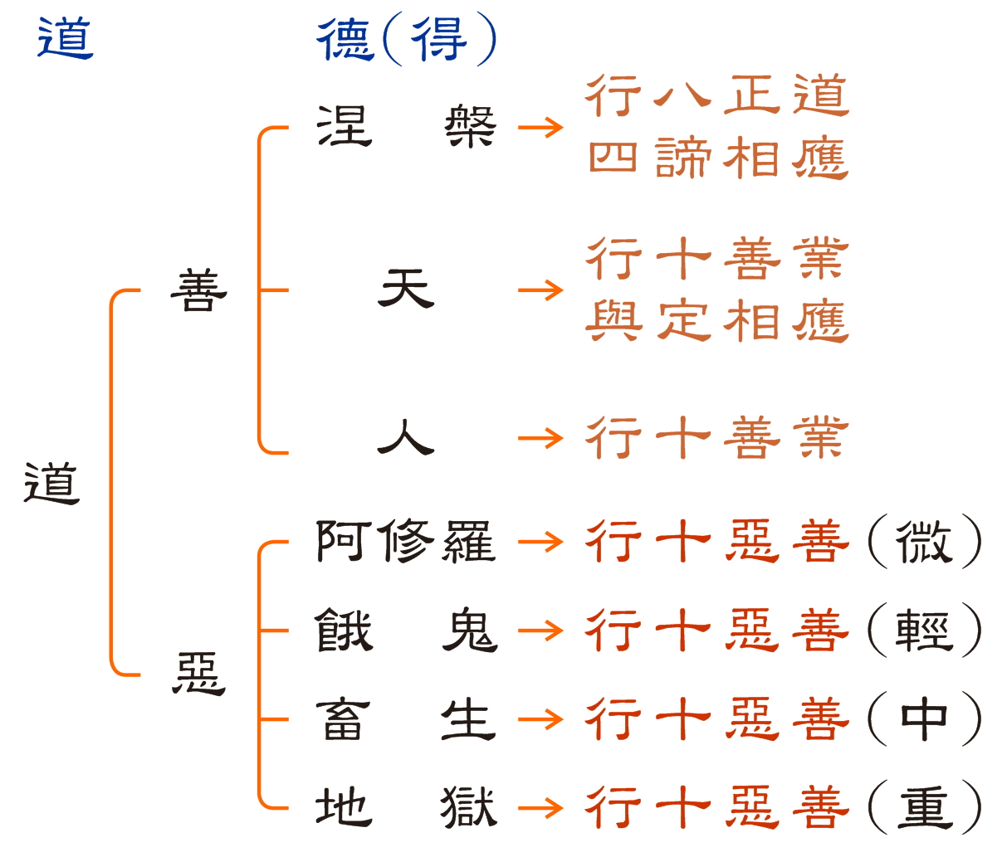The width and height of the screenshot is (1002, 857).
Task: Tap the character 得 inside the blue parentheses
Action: (x=439, y=39)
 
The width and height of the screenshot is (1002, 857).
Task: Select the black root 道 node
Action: (x=51, y=483)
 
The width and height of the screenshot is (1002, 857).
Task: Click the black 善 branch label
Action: (x=199, y=290)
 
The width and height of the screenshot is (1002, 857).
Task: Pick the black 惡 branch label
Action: (x=199, y=673)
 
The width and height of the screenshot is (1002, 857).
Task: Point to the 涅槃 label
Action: (x=406, y=127)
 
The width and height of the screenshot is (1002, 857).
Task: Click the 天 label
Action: (x=406, y=290)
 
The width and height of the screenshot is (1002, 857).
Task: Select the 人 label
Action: (x=406, y=437)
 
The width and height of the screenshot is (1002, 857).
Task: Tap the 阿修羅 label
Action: (x=406, y=542)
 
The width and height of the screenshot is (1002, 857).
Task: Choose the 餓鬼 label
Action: (x=406, y=631)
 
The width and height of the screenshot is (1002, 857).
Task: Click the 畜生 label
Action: (x=406, y=718)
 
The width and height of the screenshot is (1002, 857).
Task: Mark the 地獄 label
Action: (x=406, y=806)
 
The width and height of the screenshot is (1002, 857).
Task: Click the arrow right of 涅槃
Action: (x=540, y=127)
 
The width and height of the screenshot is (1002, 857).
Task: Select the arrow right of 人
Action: (x=540, y=437)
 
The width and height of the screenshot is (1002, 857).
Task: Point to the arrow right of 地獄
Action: (x=540, y=806)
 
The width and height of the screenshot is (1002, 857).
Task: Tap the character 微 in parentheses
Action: (x=924, y=542)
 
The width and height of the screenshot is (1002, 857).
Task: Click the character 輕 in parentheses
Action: (x=924, y=631)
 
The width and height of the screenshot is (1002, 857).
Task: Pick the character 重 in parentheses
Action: (x=924, y=806)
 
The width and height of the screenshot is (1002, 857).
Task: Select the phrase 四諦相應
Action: (x=718, y=158)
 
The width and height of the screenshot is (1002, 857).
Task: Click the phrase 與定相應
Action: (x=718, y=321)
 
